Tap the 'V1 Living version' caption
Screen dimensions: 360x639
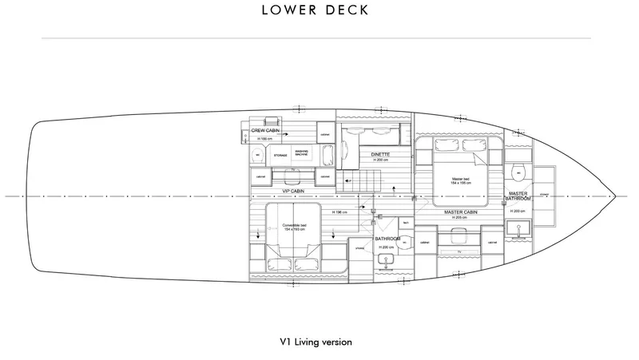click(316, 341)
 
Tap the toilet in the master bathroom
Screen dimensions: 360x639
click(518, 173)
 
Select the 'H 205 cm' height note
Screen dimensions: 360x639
click(458, 219)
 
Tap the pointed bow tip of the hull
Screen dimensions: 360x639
click(616, 196)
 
